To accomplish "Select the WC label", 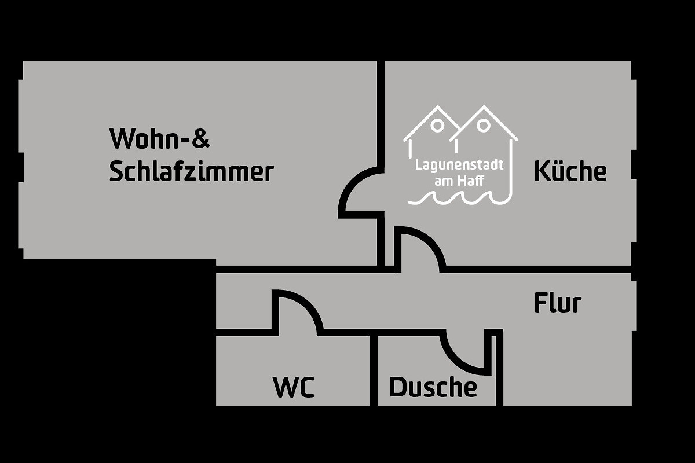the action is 294,387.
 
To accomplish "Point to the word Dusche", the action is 433,387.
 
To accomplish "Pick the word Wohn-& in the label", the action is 159,138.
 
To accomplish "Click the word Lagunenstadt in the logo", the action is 459,165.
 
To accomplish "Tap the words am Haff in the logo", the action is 459,181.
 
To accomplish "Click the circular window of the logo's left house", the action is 437,126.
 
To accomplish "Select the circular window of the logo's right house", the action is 484,126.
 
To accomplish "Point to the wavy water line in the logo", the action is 459,199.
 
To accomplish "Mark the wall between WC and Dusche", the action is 374,371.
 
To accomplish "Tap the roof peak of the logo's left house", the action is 437,107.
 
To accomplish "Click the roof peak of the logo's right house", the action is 484,106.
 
